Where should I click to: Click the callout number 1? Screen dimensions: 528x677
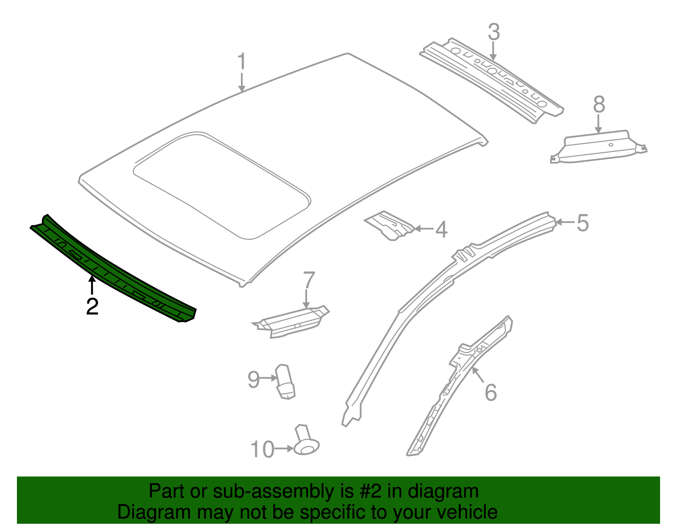pyautogui.click(x=242, y=62)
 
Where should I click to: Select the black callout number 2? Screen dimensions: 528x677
pyautogui.click(x=92, y=306)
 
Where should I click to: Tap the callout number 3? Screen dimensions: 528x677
pyautogui.click(x=494, y=32)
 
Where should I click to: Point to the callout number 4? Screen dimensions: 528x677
pyautogui.click(x=441, y=230)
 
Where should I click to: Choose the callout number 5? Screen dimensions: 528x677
pyautogui.click(x=583, y=223)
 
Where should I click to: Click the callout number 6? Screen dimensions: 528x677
pyautogui.click(x=490, y=392)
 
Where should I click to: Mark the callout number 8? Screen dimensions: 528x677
pyautogui.click(x=599, y=104)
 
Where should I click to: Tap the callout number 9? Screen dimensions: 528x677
pyautogui.click(x=253, y=379)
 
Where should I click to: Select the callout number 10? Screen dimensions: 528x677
pyautogui.click(x=262, y=449)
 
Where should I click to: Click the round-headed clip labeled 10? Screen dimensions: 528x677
pyautogui.click(x=306, y=442)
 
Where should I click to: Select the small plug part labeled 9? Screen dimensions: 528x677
pyautogui.click(x=285, y=381)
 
